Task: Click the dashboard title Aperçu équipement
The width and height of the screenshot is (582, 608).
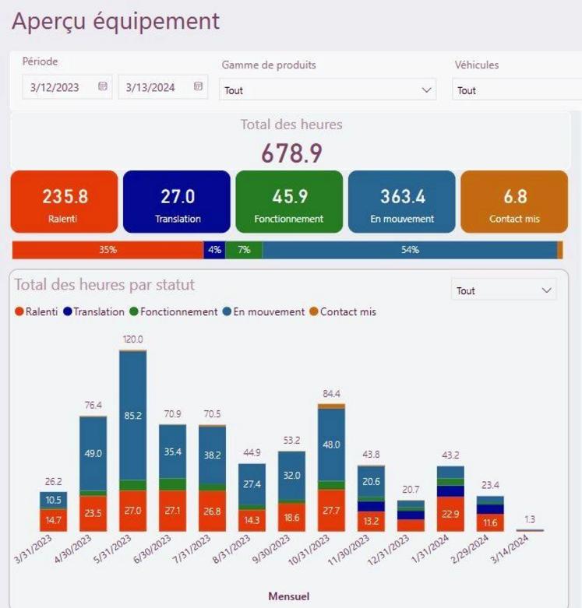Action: coord(116,21)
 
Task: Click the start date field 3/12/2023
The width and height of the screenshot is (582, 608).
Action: coord(55,87)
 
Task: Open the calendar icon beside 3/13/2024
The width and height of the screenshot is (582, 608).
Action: coord(198,86)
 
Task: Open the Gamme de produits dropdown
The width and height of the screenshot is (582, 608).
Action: coord(327,90)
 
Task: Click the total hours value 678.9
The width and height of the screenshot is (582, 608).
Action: coord(291,153)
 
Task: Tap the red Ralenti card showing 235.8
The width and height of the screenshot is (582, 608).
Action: coord(64,202)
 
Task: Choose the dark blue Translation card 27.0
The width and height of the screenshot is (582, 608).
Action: coord(177,202)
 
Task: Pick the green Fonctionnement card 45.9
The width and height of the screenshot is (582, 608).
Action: coord(289,202)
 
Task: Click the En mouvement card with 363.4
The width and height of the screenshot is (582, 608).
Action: coord(401,202)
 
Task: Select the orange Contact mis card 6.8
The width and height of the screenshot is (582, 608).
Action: coord(514,202)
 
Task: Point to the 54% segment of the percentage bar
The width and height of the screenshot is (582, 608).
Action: coord(410,250)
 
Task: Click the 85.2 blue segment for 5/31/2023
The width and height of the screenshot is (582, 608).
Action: coord(133,416)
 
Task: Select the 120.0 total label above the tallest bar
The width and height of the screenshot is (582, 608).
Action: coord(133,339)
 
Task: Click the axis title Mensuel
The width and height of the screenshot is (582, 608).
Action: coord(288,596)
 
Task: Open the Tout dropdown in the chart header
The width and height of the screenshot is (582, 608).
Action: coord(503,290)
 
